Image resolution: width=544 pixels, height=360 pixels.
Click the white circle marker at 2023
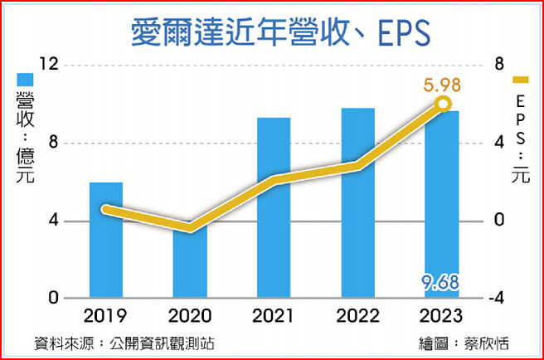coord(443,104)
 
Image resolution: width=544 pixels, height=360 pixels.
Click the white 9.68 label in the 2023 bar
coord(440,285)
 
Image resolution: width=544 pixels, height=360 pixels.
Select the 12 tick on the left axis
coord(54,65)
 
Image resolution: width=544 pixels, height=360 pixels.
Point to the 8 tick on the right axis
coord(498,65)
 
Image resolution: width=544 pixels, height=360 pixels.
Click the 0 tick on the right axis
coord(498,221)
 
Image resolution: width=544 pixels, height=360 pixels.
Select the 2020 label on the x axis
coord(189,317)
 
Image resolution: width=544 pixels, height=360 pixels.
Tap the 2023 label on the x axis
coord(441,317)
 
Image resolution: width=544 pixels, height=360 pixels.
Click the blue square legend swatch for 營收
coord(25,80)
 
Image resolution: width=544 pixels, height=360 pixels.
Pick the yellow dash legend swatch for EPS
coord(520,80)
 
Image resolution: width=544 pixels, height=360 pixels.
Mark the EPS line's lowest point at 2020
coord(190,227)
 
